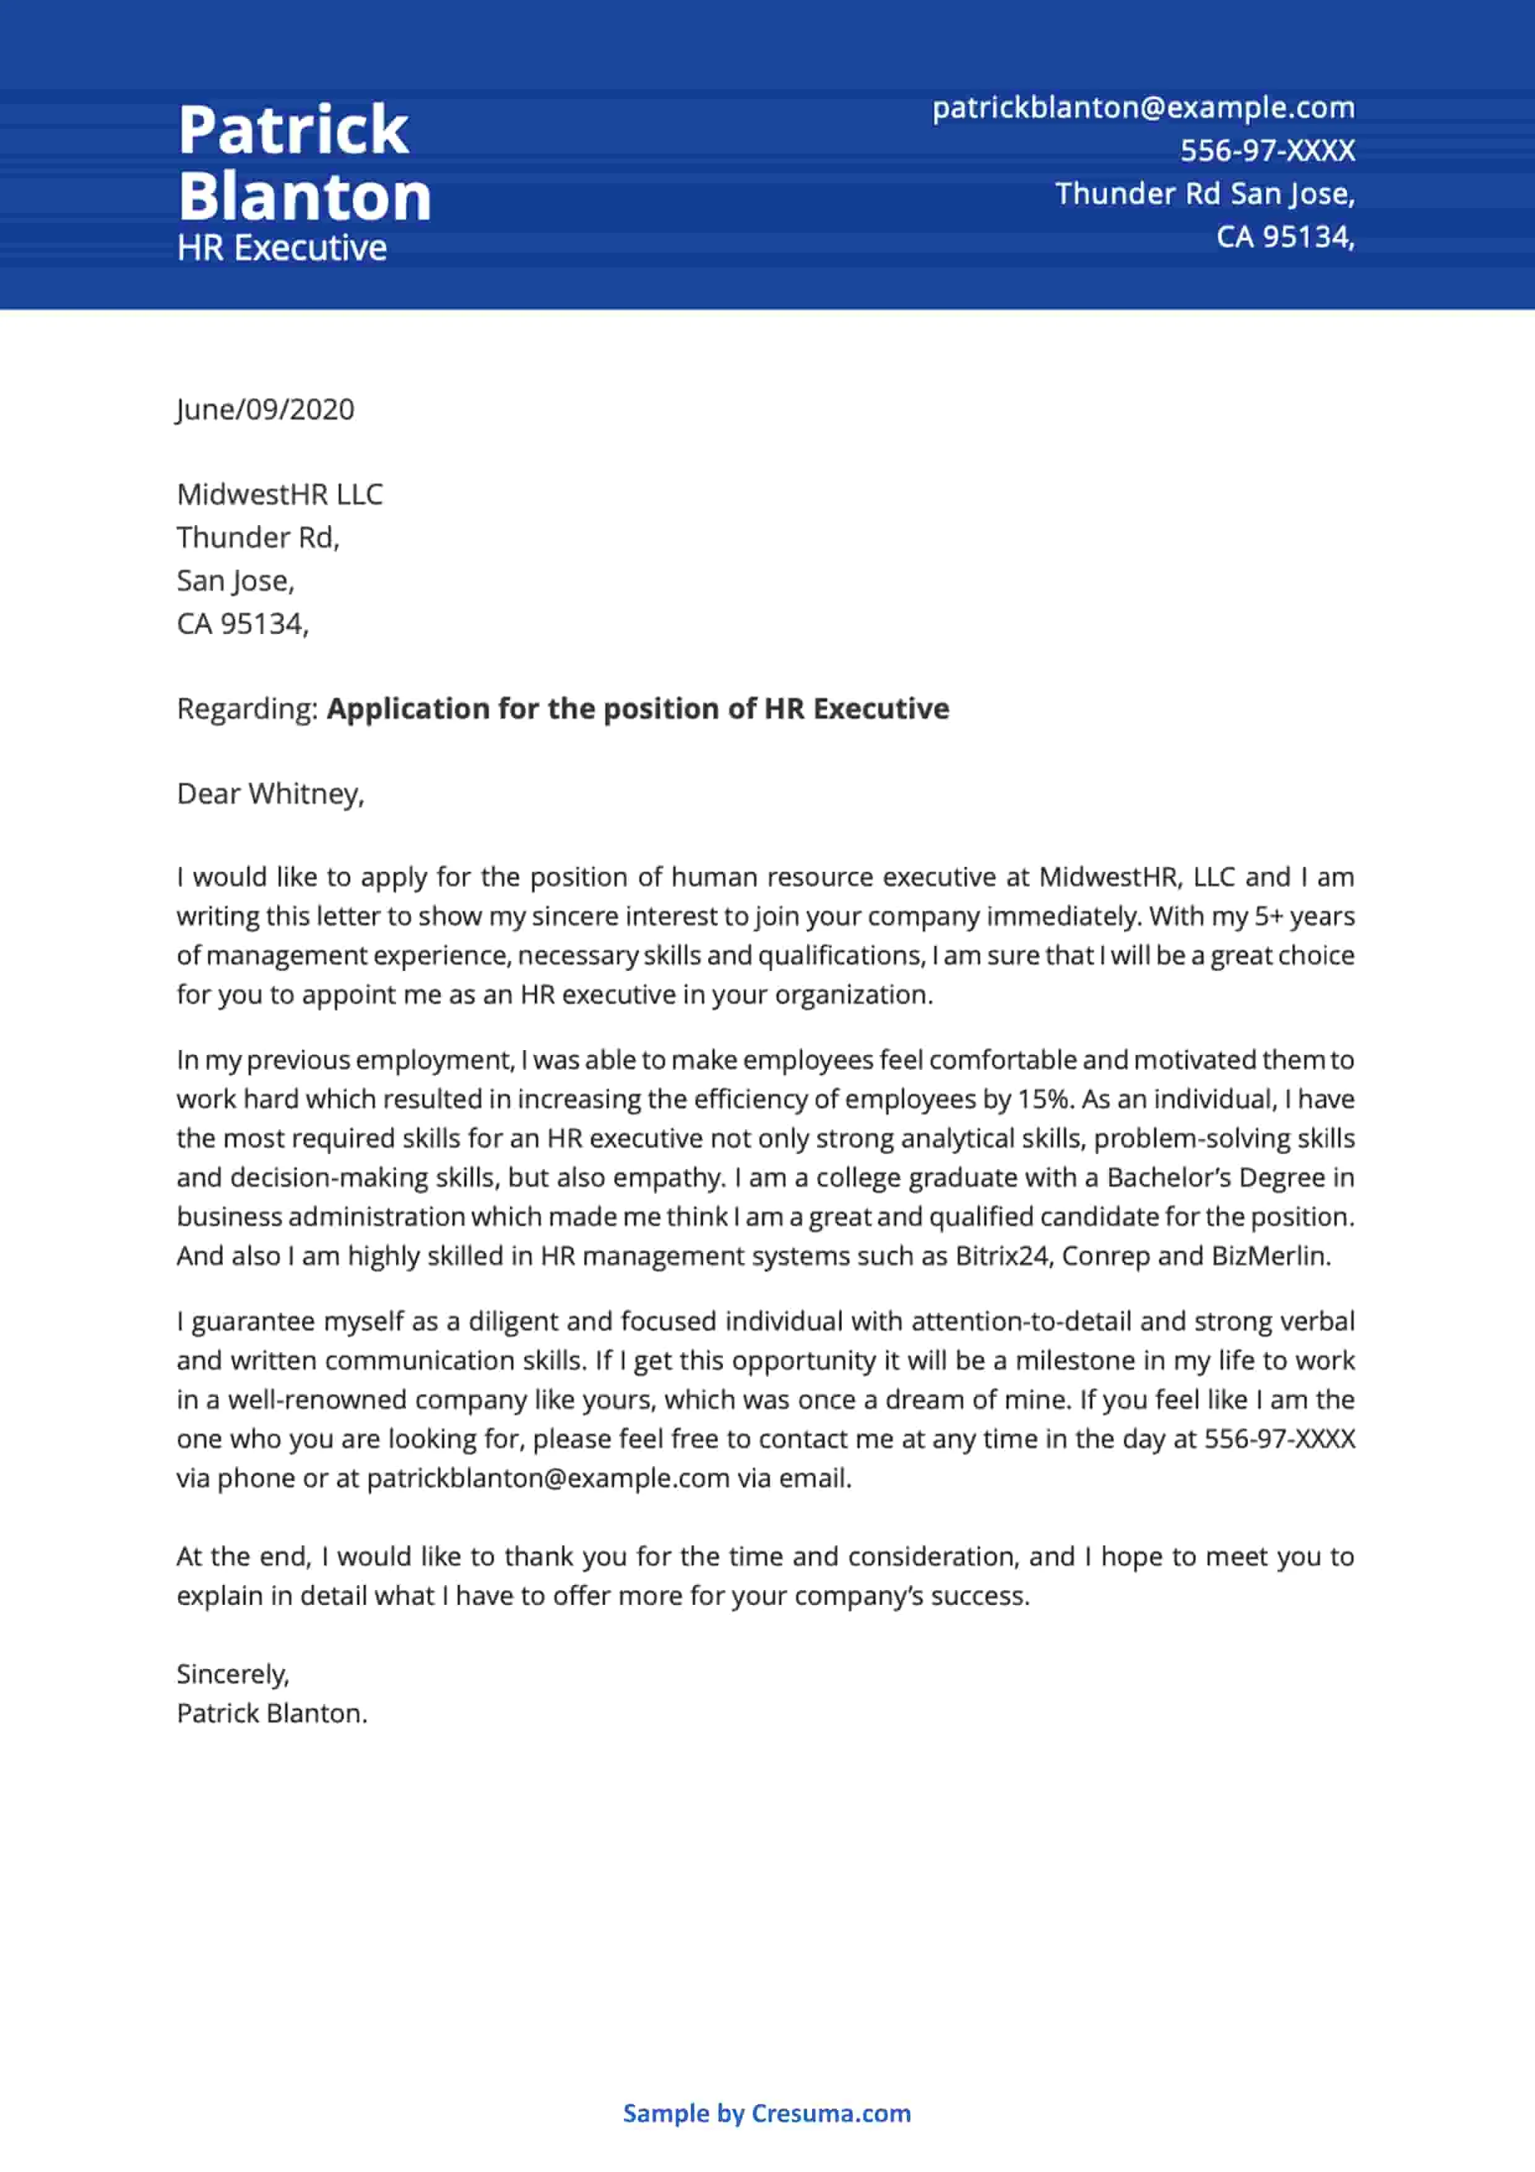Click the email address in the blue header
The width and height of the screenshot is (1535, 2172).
pos(1143,108)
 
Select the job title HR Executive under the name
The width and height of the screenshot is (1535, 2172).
pos(282,248)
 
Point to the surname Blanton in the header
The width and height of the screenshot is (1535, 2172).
pos(305,197)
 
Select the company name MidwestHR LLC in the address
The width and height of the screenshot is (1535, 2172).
pos(280,494)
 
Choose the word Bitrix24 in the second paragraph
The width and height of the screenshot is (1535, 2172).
pos(1003,1256)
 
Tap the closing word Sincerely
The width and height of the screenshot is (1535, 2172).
pos(233,1674)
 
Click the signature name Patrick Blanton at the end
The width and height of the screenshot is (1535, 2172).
pos(272,1713)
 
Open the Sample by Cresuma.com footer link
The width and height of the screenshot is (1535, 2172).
pos(766,2113)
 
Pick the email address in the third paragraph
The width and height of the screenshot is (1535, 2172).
pos(548,1478)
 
